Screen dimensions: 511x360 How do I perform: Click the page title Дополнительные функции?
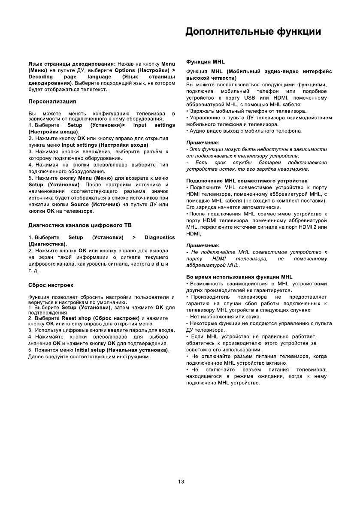pos(253,32)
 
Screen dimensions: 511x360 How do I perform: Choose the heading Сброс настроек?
pos(51,285)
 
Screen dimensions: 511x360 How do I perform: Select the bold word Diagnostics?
pos(160,237)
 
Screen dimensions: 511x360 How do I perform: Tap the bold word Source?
pos(79,205)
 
